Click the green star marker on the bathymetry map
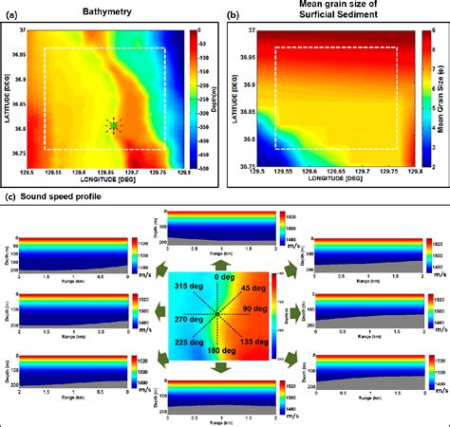click(114, 125)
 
